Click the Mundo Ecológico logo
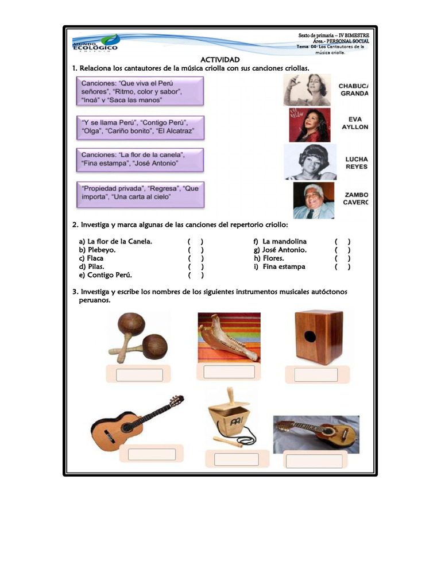[95, 42]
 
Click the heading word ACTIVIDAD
[220, 60]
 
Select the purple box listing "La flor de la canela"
[140, 159]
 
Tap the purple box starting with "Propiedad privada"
[140, 195]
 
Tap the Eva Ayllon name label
[355, 123]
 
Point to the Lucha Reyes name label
[356, 163]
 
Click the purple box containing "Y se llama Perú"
[140, 127]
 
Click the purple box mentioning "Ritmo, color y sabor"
[140, 91]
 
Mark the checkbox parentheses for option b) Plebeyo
[195, 250]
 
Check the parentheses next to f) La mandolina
[343, 242]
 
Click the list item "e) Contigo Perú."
[110, 274]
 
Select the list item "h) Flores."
[269, 258]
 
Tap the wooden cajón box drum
[319, 337]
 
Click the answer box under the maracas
[140, 375]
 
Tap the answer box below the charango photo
[314, 461]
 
